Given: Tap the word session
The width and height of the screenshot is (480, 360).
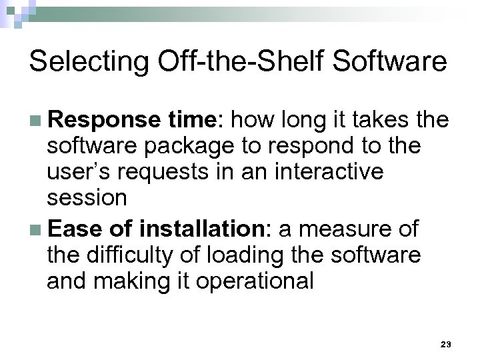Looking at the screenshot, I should coord(87,198).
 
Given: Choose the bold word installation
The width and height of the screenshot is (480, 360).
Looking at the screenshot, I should coord(203,229).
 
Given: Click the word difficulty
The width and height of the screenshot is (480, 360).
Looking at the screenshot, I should coord(137,255).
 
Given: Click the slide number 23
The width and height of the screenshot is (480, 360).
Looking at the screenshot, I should coord(446,344).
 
